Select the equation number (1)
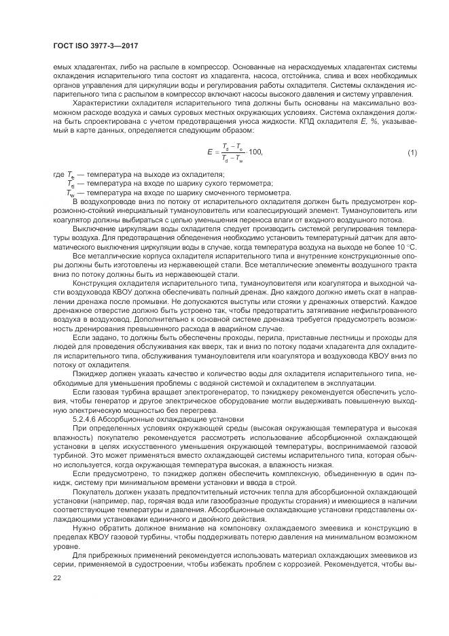point(412,152)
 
